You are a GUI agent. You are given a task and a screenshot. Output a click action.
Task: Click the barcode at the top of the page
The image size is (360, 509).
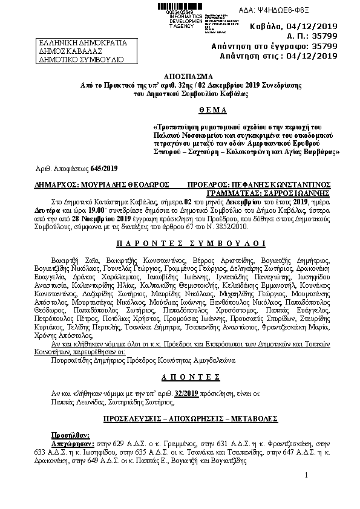click(182, 5)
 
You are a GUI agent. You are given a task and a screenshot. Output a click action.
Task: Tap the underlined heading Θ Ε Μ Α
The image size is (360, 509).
click(180, 110)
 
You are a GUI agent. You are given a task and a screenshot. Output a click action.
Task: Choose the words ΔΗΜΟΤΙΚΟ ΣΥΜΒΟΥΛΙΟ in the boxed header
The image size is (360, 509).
click(81, 60)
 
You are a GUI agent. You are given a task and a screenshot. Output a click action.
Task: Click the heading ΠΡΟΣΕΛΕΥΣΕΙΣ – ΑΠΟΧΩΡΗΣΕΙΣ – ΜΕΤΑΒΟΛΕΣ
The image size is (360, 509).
click(180, 418)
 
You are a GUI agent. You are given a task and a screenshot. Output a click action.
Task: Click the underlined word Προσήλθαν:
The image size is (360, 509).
click(70, 434)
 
